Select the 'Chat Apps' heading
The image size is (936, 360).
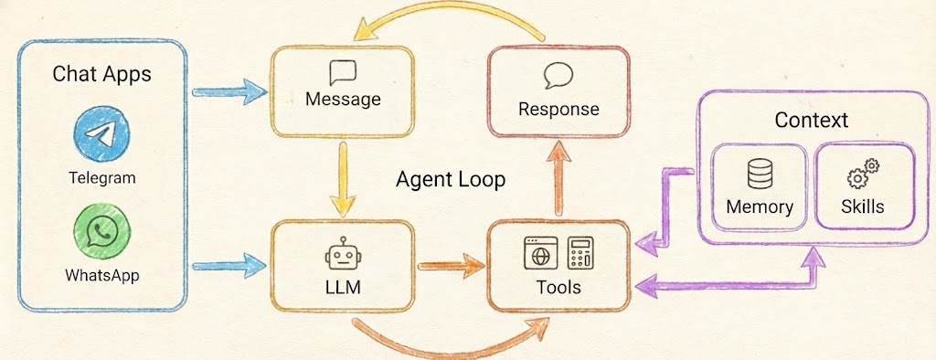(101, 74)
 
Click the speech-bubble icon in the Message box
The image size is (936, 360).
(343, 71)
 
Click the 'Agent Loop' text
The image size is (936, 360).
(450, 179)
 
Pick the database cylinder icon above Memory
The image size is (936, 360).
(758, 174)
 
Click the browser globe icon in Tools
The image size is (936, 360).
(539, 253)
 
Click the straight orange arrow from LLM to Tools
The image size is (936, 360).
(450, 268)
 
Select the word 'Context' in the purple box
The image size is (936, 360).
(811, 120)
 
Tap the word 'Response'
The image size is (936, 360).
(558, 110)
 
